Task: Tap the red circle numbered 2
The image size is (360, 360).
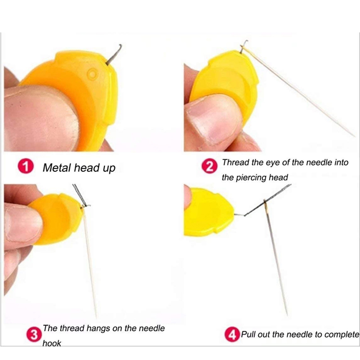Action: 210,168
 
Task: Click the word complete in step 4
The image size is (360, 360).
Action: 343,334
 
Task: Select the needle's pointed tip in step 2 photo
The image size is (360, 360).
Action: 354,135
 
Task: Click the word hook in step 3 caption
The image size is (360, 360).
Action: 52,343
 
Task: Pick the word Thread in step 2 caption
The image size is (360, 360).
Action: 235,162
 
